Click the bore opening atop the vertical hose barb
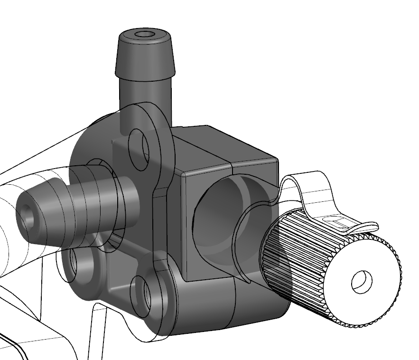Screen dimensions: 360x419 point(144,35)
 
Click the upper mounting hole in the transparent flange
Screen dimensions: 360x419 point(140,149)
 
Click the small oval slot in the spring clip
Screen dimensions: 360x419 point(336,219)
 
